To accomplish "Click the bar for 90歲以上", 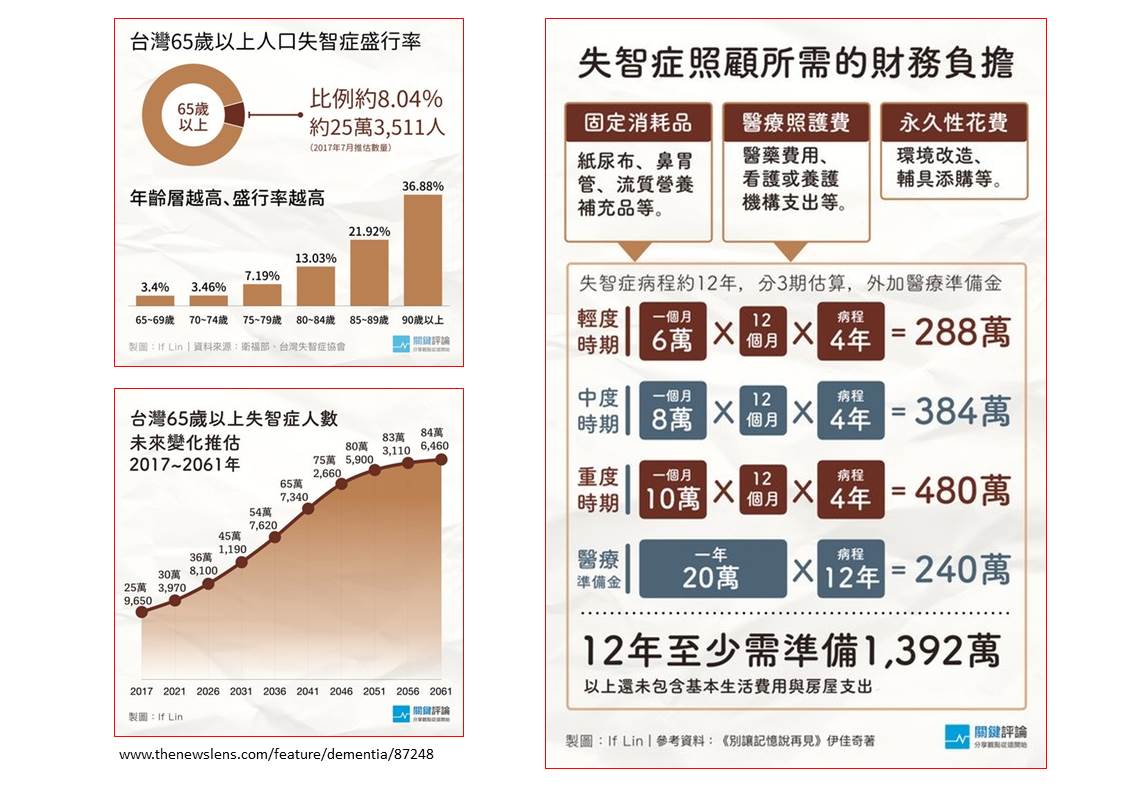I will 422,250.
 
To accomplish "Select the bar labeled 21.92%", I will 369,272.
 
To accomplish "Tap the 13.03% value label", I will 315,258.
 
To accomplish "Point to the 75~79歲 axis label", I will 262,319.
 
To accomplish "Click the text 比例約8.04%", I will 376,100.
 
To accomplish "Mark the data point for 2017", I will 141,611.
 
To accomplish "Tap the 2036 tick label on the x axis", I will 274,691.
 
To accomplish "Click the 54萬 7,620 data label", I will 275,518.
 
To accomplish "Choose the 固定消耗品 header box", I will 638,123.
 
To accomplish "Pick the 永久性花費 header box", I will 953,123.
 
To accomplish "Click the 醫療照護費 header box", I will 796,123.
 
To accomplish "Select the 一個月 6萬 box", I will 672,331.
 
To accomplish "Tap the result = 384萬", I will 949,411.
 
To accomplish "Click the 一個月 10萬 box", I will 672,489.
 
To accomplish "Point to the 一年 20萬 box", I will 712,568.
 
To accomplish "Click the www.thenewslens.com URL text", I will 276,754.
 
